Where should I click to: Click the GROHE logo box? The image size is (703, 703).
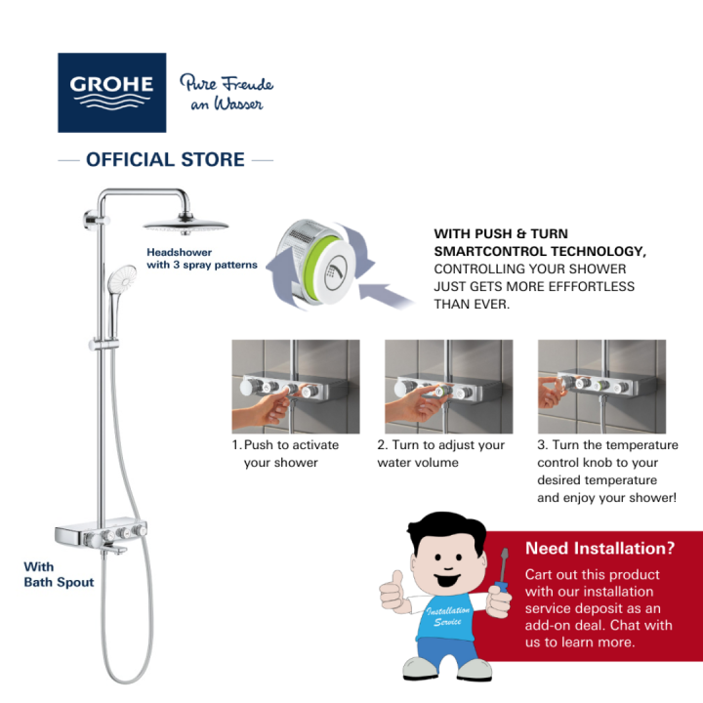pyautogui.click(x=111, y=92)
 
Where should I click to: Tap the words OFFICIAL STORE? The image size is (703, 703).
pyautogui.click(x=165, y=159)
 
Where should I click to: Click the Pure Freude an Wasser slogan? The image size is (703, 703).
pyautogui.click(x=226, y=93)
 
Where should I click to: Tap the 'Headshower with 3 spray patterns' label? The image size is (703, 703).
pyautogui.click(x=201, y=258)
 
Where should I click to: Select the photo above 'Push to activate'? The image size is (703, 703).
pyautogui.click(x=296, y=386)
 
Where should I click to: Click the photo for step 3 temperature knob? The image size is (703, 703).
pyautogui.click(x=601, y=386)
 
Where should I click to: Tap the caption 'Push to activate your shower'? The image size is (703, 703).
pyautogui.click(x=286, y=453)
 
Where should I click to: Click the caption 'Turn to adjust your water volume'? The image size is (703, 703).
pyautogui.click(x=441, y=453)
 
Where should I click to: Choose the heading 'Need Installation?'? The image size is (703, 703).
pyautogui.click(x=600, y=548)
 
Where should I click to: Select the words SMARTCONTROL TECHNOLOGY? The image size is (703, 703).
pyautogui.click(x=540, y=251)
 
